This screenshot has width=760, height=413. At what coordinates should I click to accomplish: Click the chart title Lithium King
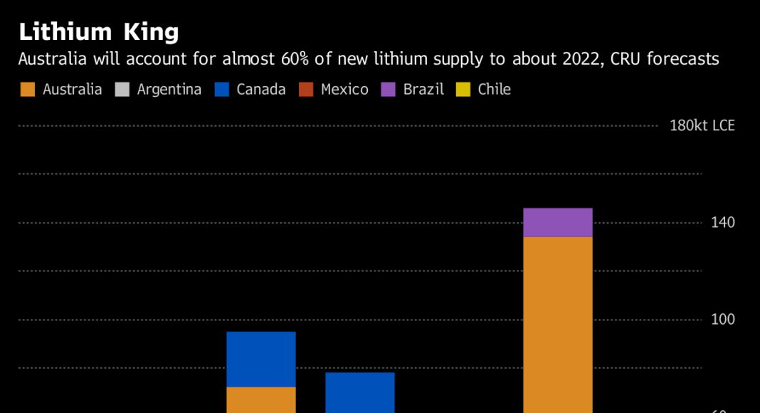pos(99,32)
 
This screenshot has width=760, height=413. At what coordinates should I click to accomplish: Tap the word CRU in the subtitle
pos(635,59)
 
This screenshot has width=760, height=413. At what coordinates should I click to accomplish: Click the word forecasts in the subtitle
pos(688,59)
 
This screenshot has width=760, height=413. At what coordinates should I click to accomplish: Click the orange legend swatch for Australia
pos(28,90)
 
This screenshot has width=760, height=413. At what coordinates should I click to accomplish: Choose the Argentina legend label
pos(169,90)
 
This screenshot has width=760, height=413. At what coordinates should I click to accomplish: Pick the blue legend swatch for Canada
pos(221,90)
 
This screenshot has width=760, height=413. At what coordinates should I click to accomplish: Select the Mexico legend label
pos(344,90)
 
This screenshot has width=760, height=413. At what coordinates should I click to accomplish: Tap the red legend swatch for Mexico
pos(306,90)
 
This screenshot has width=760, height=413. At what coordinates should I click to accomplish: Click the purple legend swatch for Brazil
pos(388,90)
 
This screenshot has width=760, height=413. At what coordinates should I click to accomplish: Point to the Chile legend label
pos(494,90)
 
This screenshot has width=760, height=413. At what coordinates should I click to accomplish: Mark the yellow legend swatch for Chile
pos(463,90)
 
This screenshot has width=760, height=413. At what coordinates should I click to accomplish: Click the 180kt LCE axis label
pos(702,126)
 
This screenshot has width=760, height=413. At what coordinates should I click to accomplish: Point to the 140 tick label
pos(723,223)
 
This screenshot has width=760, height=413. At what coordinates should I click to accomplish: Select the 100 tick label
pos(723,320)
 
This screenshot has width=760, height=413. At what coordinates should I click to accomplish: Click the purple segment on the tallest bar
pos(558,222)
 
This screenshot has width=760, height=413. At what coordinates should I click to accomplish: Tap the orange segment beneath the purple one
pos(558,324)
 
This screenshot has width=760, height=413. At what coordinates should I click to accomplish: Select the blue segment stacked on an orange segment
pos(261,359)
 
